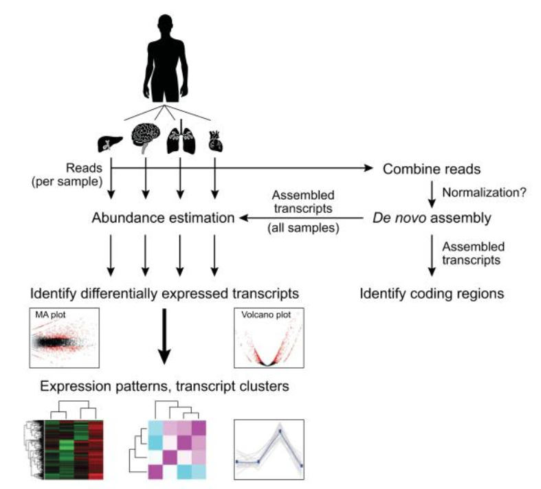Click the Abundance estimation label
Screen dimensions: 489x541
click(163, 219)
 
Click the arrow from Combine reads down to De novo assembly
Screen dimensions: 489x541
click(431, 194)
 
